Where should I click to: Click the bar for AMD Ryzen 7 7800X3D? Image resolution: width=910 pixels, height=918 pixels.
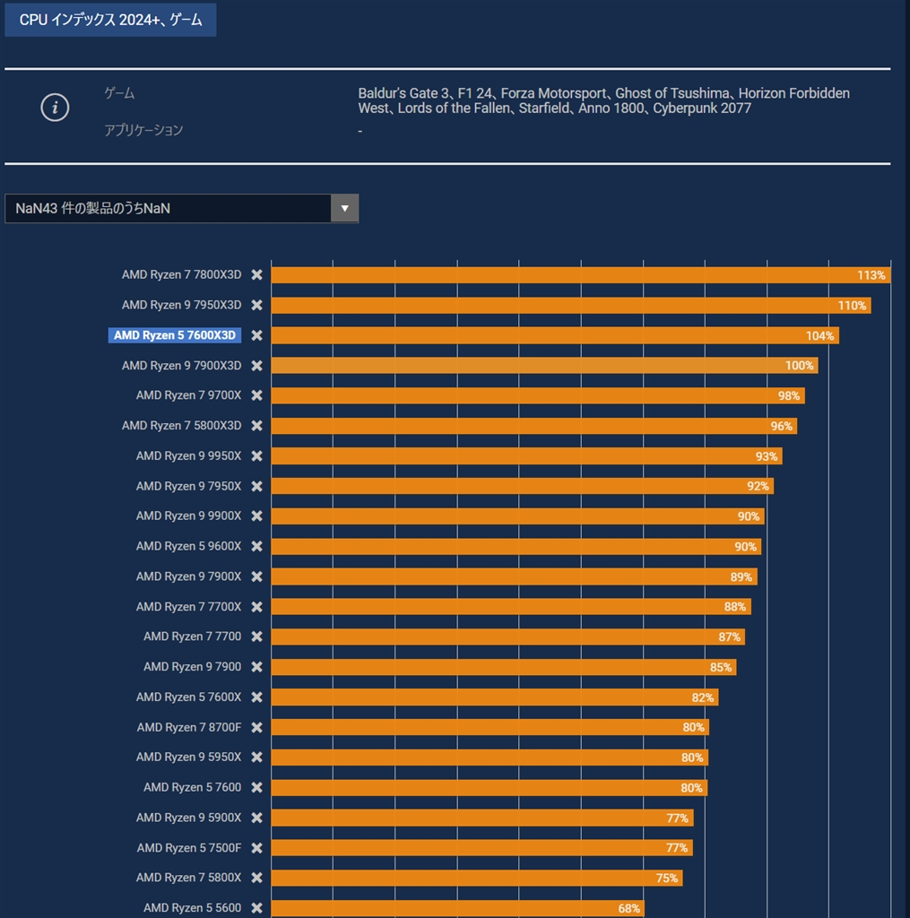click(x=556, y=275)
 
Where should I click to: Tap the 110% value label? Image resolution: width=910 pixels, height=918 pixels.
click(x=852, y=306)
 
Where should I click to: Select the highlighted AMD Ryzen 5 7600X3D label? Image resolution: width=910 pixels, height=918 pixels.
click(x=175, y=335)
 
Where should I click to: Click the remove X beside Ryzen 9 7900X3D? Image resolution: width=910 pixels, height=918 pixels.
click(x=256, y=366)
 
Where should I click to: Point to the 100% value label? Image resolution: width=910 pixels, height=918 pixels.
click(x=799, y=366)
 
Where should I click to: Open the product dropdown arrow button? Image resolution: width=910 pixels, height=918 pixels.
click(x=344, y=208)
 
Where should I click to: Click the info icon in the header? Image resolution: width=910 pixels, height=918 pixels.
click(x=55, y=108)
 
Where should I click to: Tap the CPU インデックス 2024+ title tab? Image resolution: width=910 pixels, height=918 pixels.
click(x=110, y=19)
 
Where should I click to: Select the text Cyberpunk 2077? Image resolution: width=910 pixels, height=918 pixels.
click(x=702, y=108)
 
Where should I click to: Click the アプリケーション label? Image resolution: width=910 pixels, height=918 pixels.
click(x=143, y=130)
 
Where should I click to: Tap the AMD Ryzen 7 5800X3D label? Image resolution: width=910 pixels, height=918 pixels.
click(x=181, y=426)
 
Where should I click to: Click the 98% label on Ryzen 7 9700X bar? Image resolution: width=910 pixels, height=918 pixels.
click(x=789, y=396)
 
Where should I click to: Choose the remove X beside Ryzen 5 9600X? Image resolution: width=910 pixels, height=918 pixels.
click(x=256, y=546)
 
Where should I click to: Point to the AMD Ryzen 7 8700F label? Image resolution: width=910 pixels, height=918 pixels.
click(x=188, y=727)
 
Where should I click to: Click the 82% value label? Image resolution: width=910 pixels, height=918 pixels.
click(x=702, y=697)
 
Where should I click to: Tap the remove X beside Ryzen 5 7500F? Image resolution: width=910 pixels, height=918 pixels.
click(x=256, y=847)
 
